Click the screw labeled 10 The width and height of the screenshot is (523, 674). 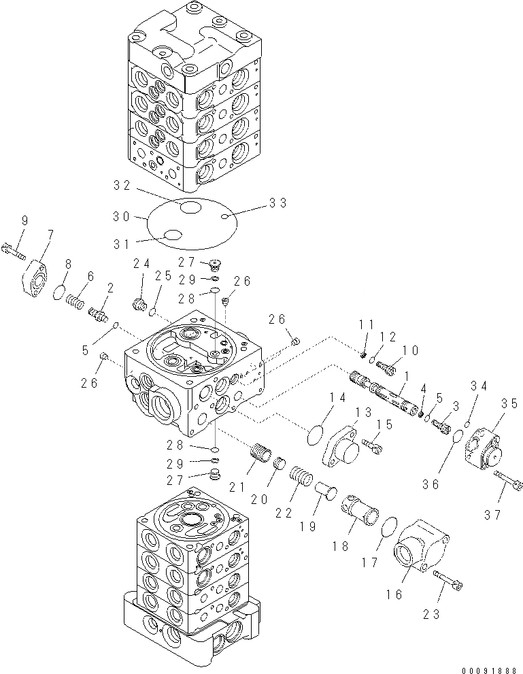point(386,368)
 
